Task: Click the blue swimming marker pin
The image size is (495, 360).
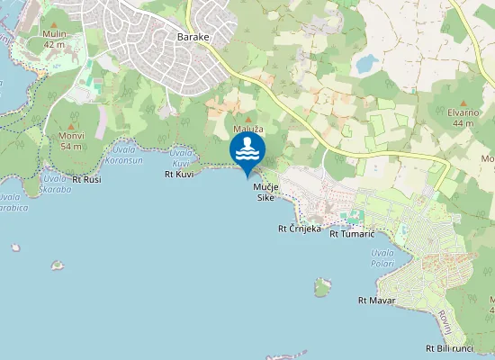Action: (247, 154)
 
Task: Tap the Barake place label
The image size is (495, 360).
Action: (193, 37)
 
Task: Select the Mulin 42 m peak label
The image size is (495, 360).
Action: (54, 39)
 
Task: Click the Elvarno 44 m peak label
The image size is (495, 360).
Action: (464, 116)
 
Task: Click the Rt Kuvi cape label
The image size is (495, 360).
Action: (179, 175)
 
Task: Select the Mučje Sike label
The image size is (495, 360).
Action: (265, 192)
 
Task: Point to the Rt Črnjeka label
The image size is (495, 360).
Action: (299, 229)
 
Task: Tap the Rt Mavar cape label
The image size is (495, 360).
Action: (376, 300)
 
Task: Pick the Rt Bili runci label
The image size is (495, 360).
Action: (449, 348)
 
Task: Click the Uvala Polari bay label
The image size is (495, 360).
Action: (383, 258)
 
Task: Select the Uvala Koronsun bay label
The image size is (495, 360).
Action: (124, 155)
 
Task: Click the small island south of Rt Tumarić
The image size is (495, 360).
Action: (322, 288)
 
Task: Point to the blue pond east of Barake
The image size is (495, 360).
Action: (366, 64)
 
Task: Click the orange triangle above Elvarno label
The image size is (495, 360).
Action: (464, 103)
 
